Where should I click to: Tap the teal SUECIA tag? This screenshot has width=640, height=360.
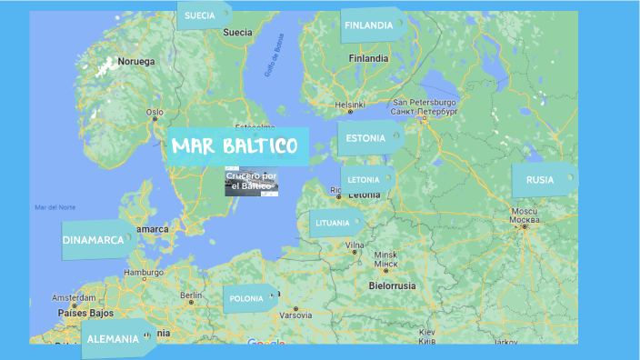[x=203, y=15]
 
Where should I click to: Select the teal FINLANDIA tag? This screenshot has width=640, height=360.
[x=371, y=25]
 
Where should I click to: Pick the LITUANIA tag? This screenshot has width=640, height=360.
[x=335, y=223]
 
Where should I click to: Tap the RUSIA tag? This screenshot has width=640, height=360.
[x=542, y=180]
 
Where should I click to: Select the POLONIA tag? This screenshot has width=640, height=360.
[x=248, y=298]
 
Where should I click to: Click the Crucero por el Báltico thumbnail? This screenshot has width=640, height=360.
[x=251, y=181]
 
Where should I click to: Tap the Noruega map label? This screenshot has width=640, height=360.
[x=136, y=62]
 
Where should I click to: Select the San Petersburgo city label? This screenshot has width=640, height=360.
[x=423, y=103]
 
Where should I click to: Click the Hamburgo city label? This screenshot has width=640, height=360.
[x=143, y=272]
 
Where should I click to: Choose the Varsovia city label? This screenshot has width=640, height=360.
[x=295, y=315]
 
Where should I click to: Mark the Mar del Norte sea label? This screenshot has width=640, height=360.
[x=53, y=207]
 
